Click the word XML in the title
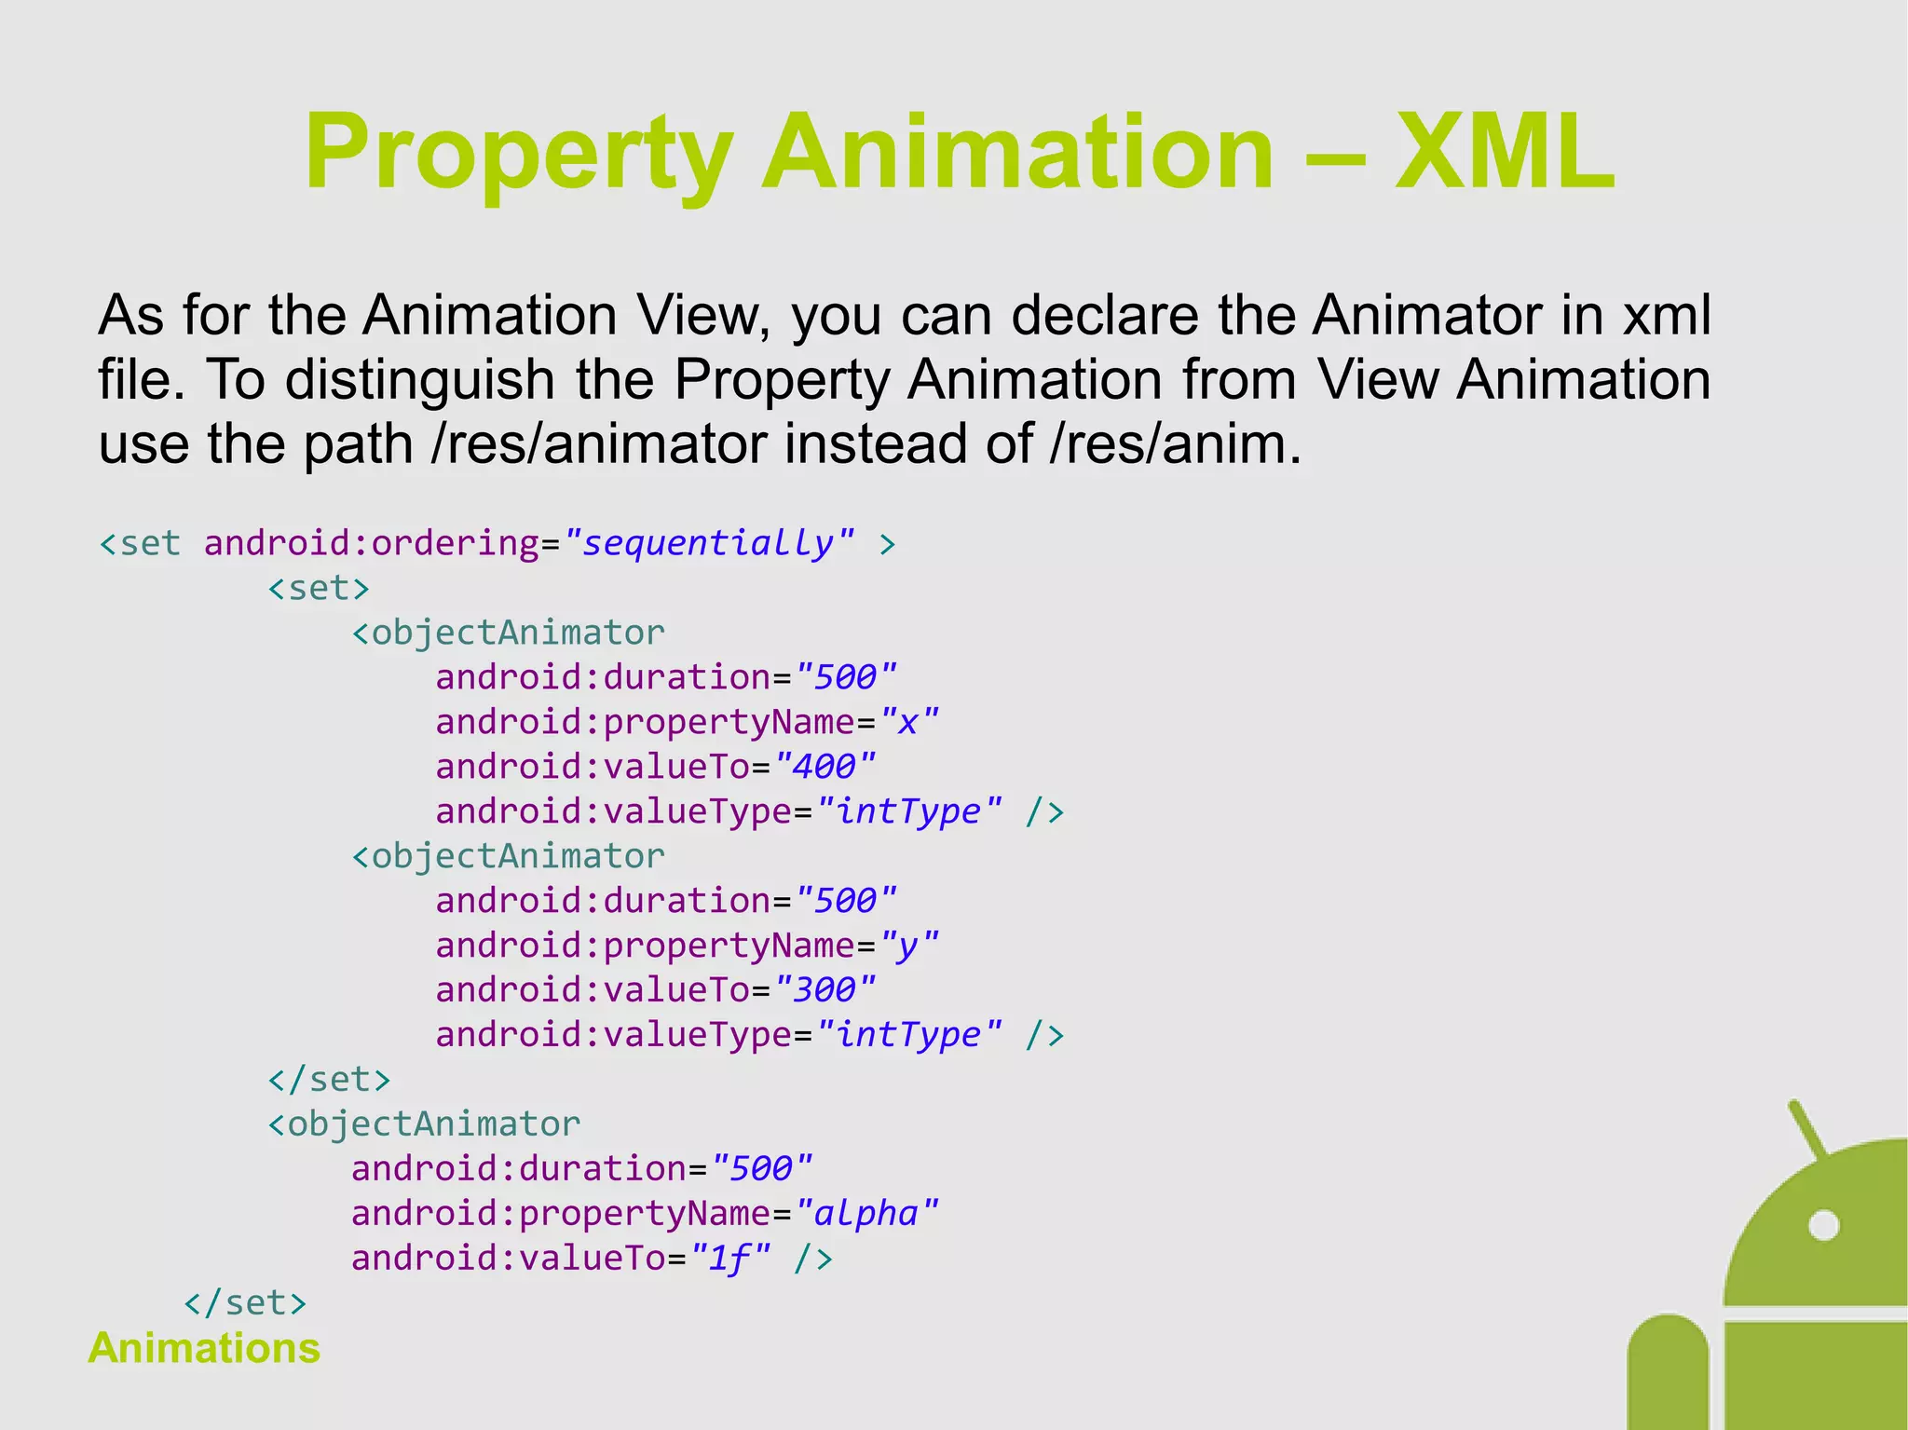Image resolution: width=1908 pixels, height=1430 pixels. coord(1504,152)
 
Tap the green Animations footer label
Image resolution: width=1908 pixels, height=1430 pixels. coord(204,1348)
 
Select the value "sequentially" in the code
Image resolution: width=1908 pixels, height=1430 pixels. coord(708,542)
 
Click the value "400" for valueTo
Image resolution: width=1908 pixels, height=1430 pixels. coord(825,766)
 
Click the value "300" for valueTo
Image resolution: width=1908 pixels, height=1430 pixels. coord(825,989)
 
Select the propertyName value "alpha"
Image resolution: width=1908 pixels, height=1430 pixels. coord(866,1213)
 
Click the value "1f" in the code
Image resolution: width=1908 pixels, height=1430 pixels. coord(729,1259)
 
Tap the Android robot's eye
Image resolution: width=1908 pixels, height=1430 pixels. coord(1823,1225)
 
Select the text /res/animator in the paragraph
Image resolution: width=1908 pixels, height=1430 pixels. coord(600,443)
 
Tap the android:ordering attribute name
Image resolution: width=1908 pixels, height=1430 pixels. coord(371,542)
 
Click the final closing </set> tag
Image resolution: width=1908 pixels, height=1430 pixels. coord(245,1301)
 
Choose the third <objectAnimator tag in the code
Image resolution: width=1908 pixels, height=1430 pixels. coord(424,1124)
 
